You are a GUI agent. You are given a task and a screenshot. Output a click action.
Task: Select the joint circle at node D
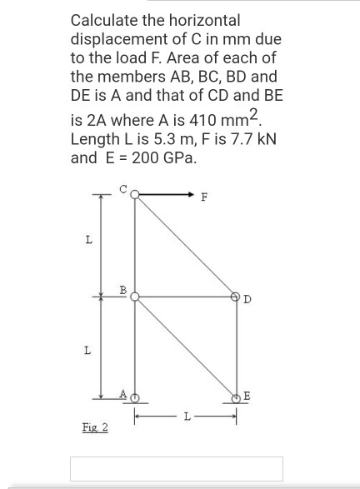[x=236, y=296]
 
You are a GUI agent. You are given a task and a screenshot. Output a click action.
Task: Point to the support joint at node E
[x=236, y=397]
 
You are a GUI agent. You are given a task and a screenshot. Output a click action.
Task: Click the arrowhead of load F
[x=190, y=197]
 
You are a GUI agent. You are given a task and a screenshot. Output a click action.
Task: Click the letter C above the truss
[x=123, y=190]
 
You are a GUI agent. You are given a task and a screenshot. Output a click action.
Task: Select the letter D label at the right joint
[x=248, y=300]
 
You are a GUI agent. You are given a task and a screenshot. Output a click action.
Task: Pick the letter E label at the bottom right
[x=248, y=395]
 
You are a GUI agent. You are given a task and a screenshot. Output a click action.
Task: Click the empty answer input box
[x=177, y=469]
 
